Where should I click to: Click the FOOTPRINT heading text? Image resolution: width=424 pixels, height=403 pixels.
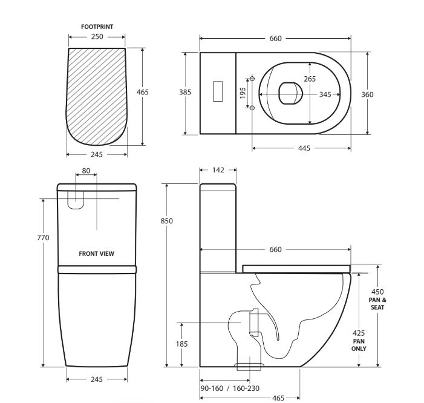(97, 27)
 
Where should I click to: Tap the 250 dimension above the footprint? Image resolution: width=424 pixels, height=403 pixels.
(97, 36)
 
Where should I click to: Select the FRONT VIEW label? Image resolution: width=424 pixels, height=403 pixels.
(97, 254)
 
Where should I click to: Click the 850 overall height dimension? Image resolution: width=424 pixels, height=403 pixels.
(166, 221)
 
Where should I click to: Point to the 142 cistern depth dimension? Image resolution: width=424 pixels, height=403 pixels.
(218, 170)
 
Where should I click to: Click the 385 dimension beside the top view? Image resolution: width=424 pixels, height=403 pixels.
(185, 92)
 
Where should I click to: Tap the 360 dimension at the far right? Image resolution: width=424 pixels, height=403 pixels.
(367, 94)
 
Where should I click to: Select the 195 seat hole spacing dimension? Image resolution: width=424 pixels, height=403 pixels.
(243, 93)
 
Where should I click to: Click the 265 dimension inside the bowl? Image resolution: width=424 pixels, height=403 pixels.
(310, 79)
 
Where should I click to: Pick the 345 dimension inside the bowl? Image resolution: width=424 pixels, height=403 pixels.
(325, 94)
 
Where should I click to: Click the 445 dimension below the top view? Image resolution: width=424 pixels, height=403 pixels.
(304, 148)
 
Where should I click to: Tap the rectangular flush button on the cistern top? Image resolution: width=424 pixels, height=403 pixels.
(218, 91)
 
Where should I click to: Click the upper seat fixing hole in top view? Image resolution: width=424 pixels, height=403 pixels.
(252, 79)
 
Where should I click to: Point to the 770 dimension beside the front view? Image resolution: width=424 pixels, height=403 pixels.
(44, 238)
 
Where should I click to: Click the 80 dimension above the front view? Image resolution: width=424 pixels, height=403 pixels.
(86, 171)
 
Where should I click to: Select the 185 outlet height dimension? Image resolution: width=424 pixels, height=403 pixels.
(181, 344)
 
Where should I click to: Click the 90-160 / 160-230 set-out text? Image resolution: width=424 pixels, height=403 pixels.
(230, 388)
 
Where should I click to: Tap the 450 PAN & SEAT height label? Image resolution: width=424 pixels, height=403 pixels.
(377, 300)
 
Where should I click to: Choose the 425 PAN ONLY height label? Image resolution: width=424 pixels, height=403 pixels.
(359, 341)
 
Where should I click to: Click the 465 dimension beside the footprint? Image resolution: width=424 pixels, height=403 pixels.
(143, 92)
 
